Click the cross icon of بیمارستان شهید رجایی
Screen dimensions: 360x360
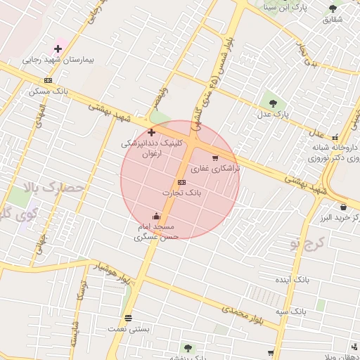click(x=58, y=49)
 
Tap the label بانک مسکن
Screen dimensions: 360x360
click(x=49, y=91)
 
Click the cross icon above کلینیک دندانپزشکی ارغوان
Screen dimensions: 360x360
click(x=151, y=132)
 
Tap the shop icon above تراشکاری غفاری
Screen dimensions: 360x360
click(x=214, y=157)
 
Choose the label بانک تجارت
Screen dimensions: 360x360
click(x=182, y=192)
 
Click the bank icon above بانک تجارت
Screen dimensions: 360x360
click(x=182, y=182)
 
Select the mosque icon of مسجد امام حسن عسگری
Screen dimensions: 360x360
click(x=155, y=216)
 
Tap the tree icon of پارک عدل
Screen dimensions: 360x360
click(x=273, y=103)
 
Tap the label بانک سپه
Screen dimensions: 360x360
click(x=290, y=310)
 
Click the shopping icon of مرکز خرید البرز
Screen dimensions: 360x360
click(x=342, y=207)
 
